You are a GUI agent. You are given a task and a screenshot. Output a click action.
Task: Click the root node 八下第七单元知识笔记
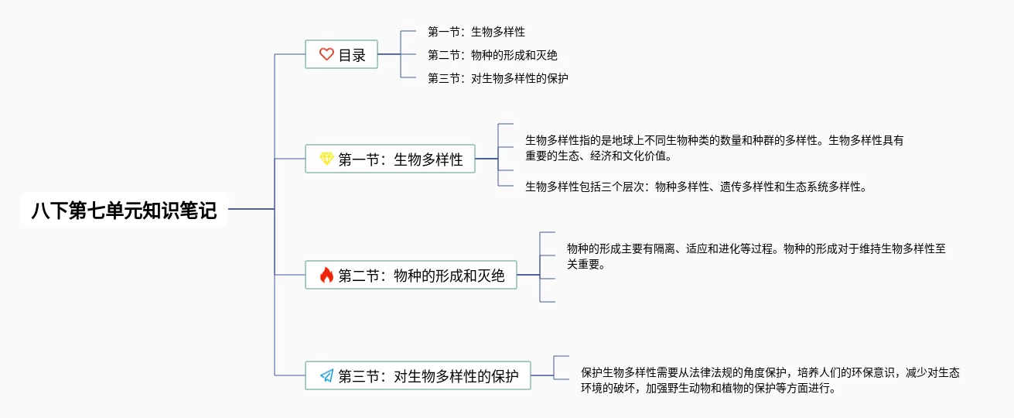124,210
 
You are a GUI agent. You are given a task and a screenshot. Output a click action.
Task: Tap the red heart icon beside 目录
326,54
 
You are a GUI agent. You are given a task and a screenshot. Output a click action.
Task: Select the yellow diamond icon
326,159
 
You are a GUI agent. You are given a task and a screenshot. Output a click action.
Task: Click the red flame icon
326,275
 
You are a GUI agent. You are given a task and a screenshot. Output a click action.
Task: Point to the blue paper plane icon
326,375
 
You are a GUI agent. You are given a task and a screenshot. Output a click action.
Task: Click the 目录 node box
341,54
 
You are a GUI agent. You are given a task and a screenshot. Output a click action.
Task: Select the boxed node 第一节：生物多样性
391,159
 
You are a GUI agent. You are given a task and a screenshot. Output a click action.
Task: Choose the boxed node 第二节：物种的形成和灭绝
411,275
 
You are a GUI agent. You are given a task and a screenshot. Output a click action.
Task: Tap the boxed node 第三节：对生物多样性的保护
418,375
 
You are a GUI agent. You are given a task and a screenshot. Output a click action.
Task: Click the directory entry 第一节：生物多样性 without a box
476,32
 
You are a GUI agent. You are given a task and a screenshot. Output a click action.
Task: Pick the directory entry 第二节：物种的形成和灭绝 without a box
493,55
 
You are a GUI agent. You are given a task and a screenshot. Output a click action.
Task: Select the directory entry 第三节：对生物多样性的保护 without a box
498,78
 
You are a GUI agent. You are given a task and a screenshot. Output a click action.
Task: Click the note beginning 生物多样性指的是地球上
715,148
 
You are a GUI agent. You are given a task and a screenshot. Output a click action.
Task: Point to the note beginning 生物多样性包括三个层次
696,187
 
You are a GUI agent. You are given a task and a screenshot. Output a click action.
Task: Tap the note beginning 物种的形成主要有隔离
756,256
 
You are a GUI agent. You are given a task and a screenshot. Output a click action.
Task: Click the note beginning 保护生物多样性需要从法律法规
770,380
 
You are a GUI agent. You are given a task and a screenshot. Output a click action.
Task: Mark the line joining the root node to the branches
251,209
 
